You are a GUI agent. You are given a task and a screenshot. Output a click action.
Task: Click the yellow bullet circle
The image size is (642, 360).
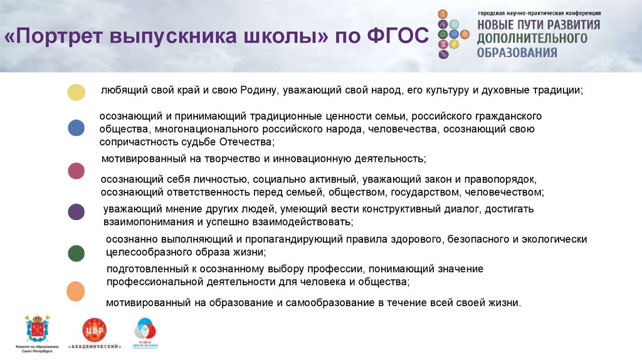(76, 92)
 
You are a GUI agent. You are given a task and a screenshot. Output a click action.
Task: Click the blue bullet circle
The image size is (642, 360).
(76, 129)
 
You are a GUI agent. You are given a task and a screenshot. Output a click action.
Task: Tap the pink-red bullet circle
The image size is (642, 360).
(76, 171)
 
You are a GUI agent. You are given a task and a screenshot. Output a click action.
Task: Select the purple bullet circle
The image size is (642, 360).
(76, 212)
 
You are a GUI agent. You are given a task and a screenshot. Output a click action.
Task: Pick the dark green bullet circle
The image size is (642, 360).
(76, 253)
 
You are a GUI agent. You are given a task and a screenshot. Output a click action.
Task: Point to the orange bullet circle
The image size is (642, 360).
(76, 292)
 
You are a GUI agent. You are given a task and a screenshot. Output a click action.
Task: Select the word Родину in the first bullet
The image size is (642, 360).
(259, 91)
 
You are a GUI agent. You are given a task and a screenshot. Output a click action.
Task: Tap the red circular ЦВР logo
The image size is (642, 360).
(95, 330)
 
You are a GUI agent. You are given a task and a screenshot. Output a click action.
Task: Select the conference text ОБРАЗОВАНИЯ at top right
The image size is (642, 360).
(517, 53)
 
